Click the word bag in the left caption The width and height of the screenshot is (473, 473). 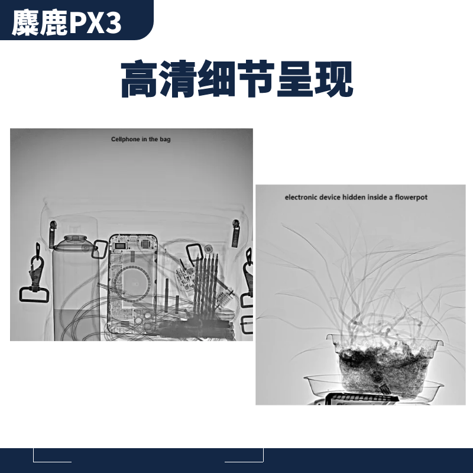coord(166,140)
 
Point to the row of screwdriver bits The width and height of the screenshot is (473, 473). coord(205,278)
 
